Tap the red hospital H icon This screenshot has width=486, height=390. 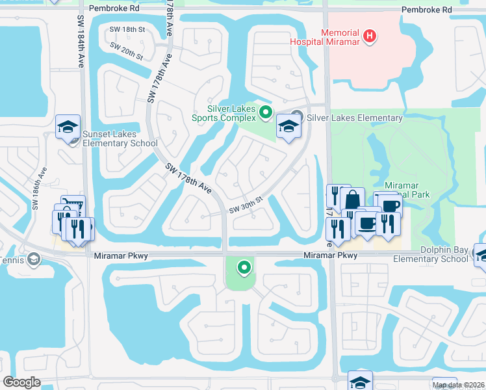click(369, 36)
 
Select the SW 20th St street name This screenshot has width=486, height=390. click(126, 49)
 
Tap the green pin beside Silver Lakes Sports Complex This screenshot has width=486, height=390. click(265, 113)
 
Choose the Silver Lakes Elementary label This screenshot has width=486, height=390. click(355, 118)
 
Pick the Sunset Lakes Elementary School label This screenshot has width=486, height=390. click(120, 138)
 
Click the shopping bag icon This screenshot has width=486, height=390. click(352, 199)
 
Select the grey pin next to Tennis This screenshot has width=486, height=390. click(33, 260)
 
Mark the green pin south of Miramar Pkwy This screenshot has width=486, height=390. click(244, 266)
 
